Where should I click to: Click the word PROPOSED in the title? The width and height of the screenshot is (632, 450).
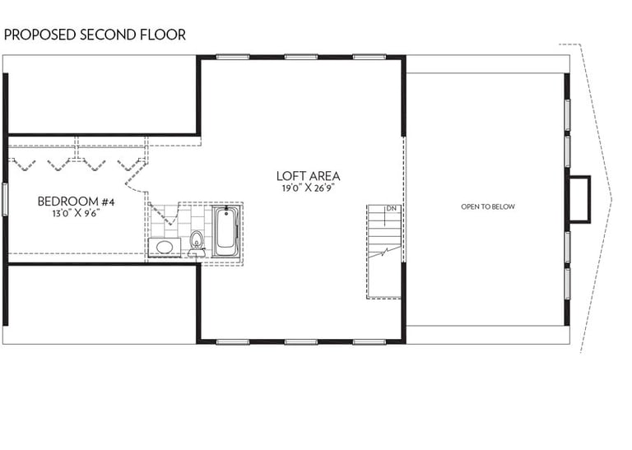click(x=39, y=35)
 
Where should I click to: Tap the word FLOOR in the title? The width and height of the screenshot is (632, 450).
click(x=163, y=35)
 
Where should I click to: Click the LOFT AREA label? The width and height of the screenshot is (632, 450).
click(x=309, y=176)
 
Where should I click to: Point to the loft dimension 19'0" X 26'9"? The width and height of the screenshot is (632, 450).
click(x=309, y=188)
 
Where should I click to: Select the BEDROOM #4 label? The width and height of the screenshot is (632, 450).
click(x=77, y=202)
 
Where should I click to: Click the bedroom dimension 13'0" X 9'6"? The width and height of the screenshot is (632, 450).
click(x=77, y=213)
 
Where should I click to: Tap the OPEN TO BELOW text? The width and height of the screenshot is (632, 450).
click(x=488, y=206)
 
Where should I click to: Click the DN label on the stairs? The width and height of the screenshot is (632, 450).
click(x=391, y=209)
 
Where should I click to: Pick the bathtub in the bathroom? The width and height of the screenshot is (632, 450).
click(x=226, y=231)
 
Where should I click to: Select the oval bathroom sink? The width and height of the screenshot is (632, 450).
click(x=165, y=247)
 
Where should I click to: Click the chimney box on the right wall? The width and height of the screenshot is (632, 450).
click(x=579, y=199)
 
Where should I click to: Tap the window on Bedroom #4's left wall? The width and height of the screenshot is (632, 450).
click(x=5, y=199)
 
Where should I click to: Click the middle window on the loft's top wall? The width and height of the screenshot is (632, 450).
click(x=301, y=58)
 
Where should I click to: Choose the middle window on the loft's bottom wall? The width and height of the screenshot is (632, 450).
click(x=301, y=342)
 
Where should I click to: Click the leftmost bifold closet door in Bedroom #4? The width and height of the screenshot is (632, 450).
click(x=23, y=164)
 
